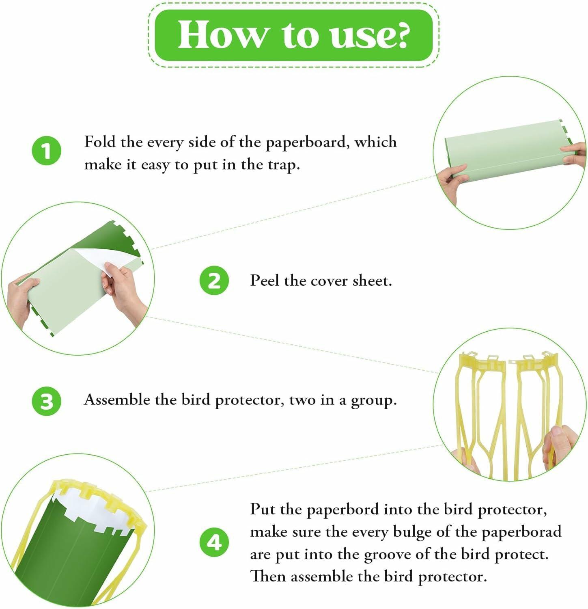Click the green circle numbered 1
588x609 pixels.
[47, 151]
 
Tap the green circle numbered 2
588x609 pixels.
[214, 281]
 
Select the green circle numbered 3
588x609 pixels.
[47, 401]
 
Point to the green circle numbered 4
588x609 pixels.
[214, 542]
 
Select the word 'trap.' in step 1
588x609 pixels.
[284, 165]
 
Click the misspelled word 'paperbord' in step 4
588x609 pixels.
[343, 510]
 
